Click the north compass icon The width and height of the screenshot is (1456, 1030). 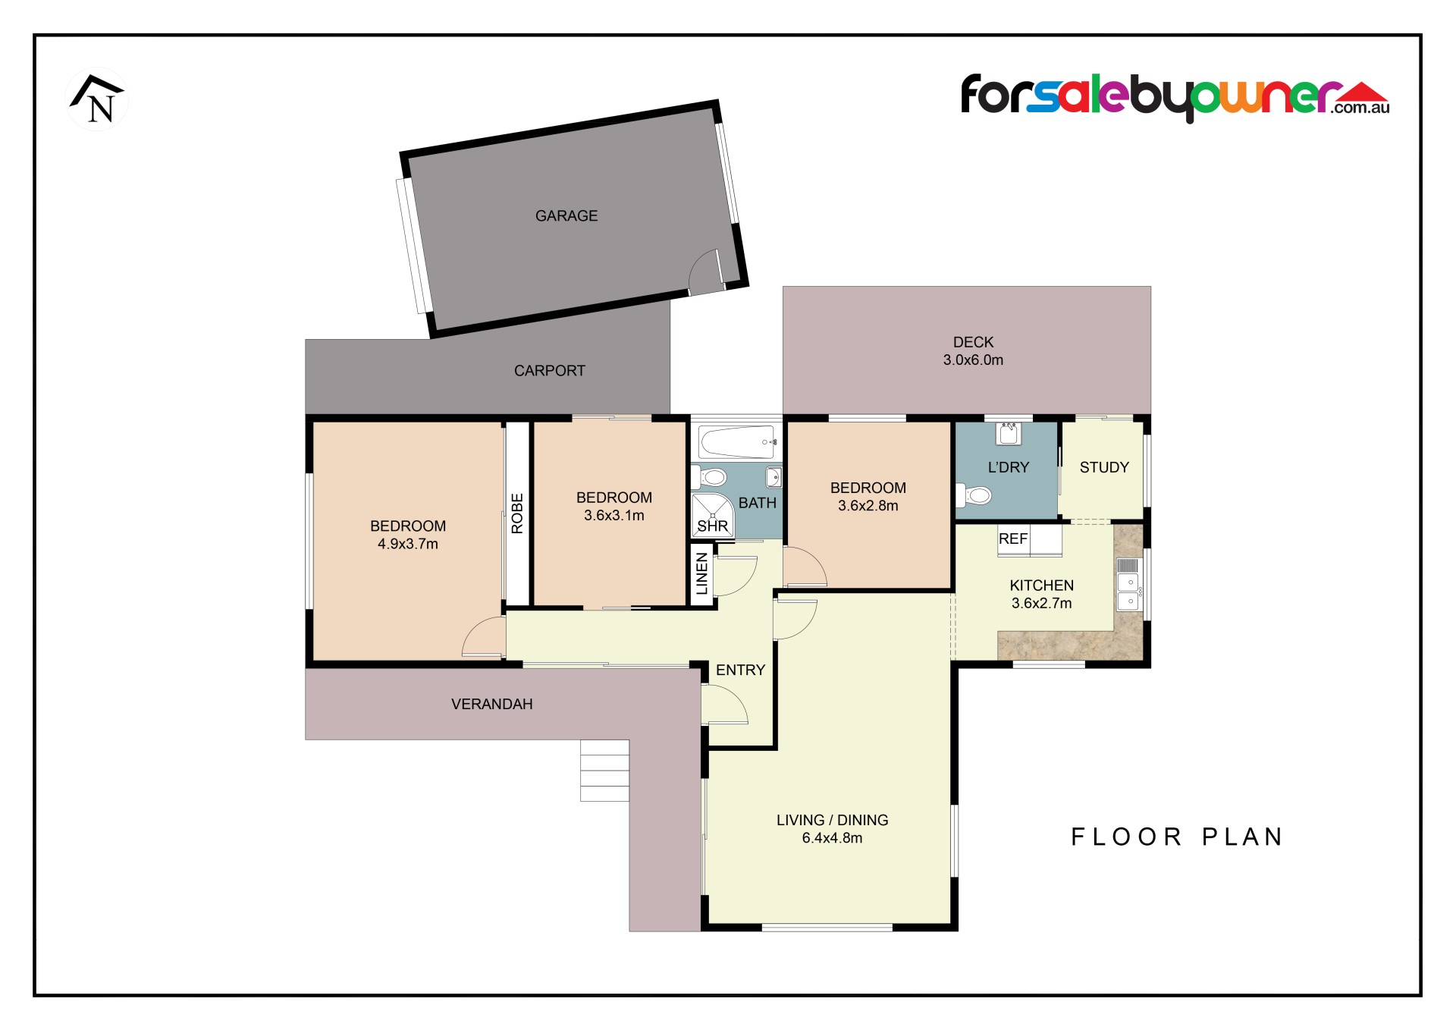tap(98, 99)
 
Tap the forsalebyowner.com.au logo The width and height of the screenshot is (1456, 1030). tap(1175, 98)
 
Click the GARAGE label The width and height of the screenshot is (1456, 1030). tap(566, 216)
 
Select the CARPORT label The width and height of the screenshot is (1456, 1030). tap(550, 371)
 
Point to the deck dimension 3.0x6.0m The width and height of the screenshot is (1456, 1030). tap(973, 360)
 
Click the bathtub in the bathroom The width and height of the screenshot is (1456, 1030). tap(736, 441)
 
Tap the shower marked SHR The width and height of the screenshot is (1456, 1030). tap(713, 516)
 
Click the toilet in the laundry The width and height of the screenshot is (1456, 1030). tap(974, 495)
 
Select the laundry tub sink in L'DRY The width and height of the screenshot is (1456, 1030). tap(1009, 433)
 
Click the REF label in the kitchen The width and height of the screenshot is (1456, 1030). tap(1013, 539)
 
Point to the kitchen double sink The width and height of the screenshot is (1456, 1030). tap(1128, 592)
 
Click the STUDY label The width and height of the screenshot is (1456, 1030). tap(1104, 468)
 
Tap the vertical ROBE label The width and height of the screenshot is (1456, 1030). tap(517, 513)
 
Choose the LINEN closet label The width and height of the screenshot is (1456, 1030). tap(702, 573)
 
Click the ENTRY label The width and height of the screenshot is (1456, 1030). tap(740, 670)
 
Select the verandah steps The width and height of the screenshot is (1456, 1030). tap(604, 771)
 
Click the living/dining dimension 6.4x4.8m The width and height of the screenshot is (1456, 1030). tap(832, 838)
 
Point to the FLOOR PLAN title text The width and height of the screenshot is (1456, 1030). tap(1177, 837)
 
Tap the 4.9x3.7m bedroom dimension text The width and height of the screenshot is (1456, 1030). tap(408, 544)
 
